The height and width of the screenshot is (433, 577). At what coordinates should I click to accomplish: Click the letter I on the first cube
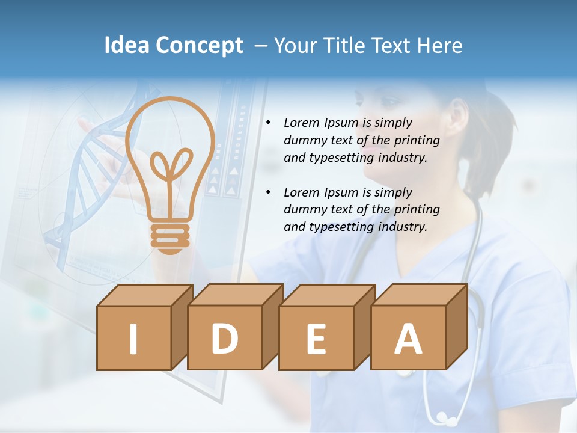(133, 339)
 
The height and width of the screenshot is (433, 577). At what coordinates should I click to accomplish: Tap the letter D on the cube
(224, 339)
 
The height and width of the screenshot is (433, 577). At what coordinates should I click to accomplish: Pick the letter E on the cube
(316, 339)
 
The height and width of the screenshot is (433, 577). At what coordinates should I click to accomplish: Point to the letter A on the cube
(408, 339)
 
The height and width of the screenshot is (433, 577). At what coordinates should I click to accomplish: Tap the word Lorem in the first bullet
(302, 123)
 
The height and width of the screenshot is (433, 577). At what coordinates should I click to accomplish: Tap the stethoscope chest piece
(445, 417)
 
